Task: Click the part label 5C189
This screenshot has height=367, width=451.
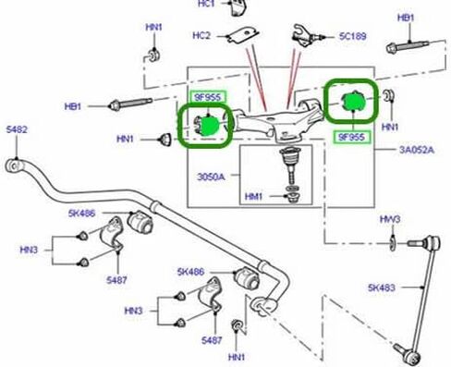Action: click(x=353, y=36)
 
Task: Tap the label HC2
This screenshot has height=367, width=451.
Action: click(x=201, y=35)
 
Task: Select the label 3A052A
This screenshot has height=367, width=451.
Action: click(x=417, y=150)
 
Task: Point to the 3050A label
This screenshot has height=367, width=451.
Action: click(x=211, y=177)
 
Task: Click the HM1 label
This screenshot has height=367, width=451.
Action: click(x=253, y=196)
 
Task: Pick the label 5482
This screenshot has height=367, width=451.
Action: click(x=17, y=129)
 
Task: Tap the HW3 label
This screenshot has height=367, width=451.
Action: click(x=390, y=219)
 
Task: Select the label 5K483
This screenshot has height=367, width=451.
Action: click(x=382, y=287)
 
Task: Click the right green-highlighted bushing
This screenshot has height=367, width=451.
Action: click(x=353, y=101)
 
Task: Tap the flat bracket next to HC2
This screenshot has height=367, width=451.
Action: click(x=242, y=35)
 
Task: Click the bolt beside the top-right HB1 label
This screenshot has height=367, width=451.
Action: click(x=408, y=46)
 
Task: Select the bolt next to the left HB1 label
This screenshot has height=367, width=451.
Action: click(x=130, y=104)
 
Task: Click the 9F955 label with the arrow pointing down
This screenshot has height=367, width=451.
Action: click(x=208, y=97)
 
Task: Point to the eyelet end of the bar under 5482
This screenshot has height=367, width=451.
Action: click(x=14, y=165)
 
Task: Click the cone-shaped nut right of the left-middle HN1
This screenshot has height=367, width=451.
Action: click(x=165, y=140)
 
